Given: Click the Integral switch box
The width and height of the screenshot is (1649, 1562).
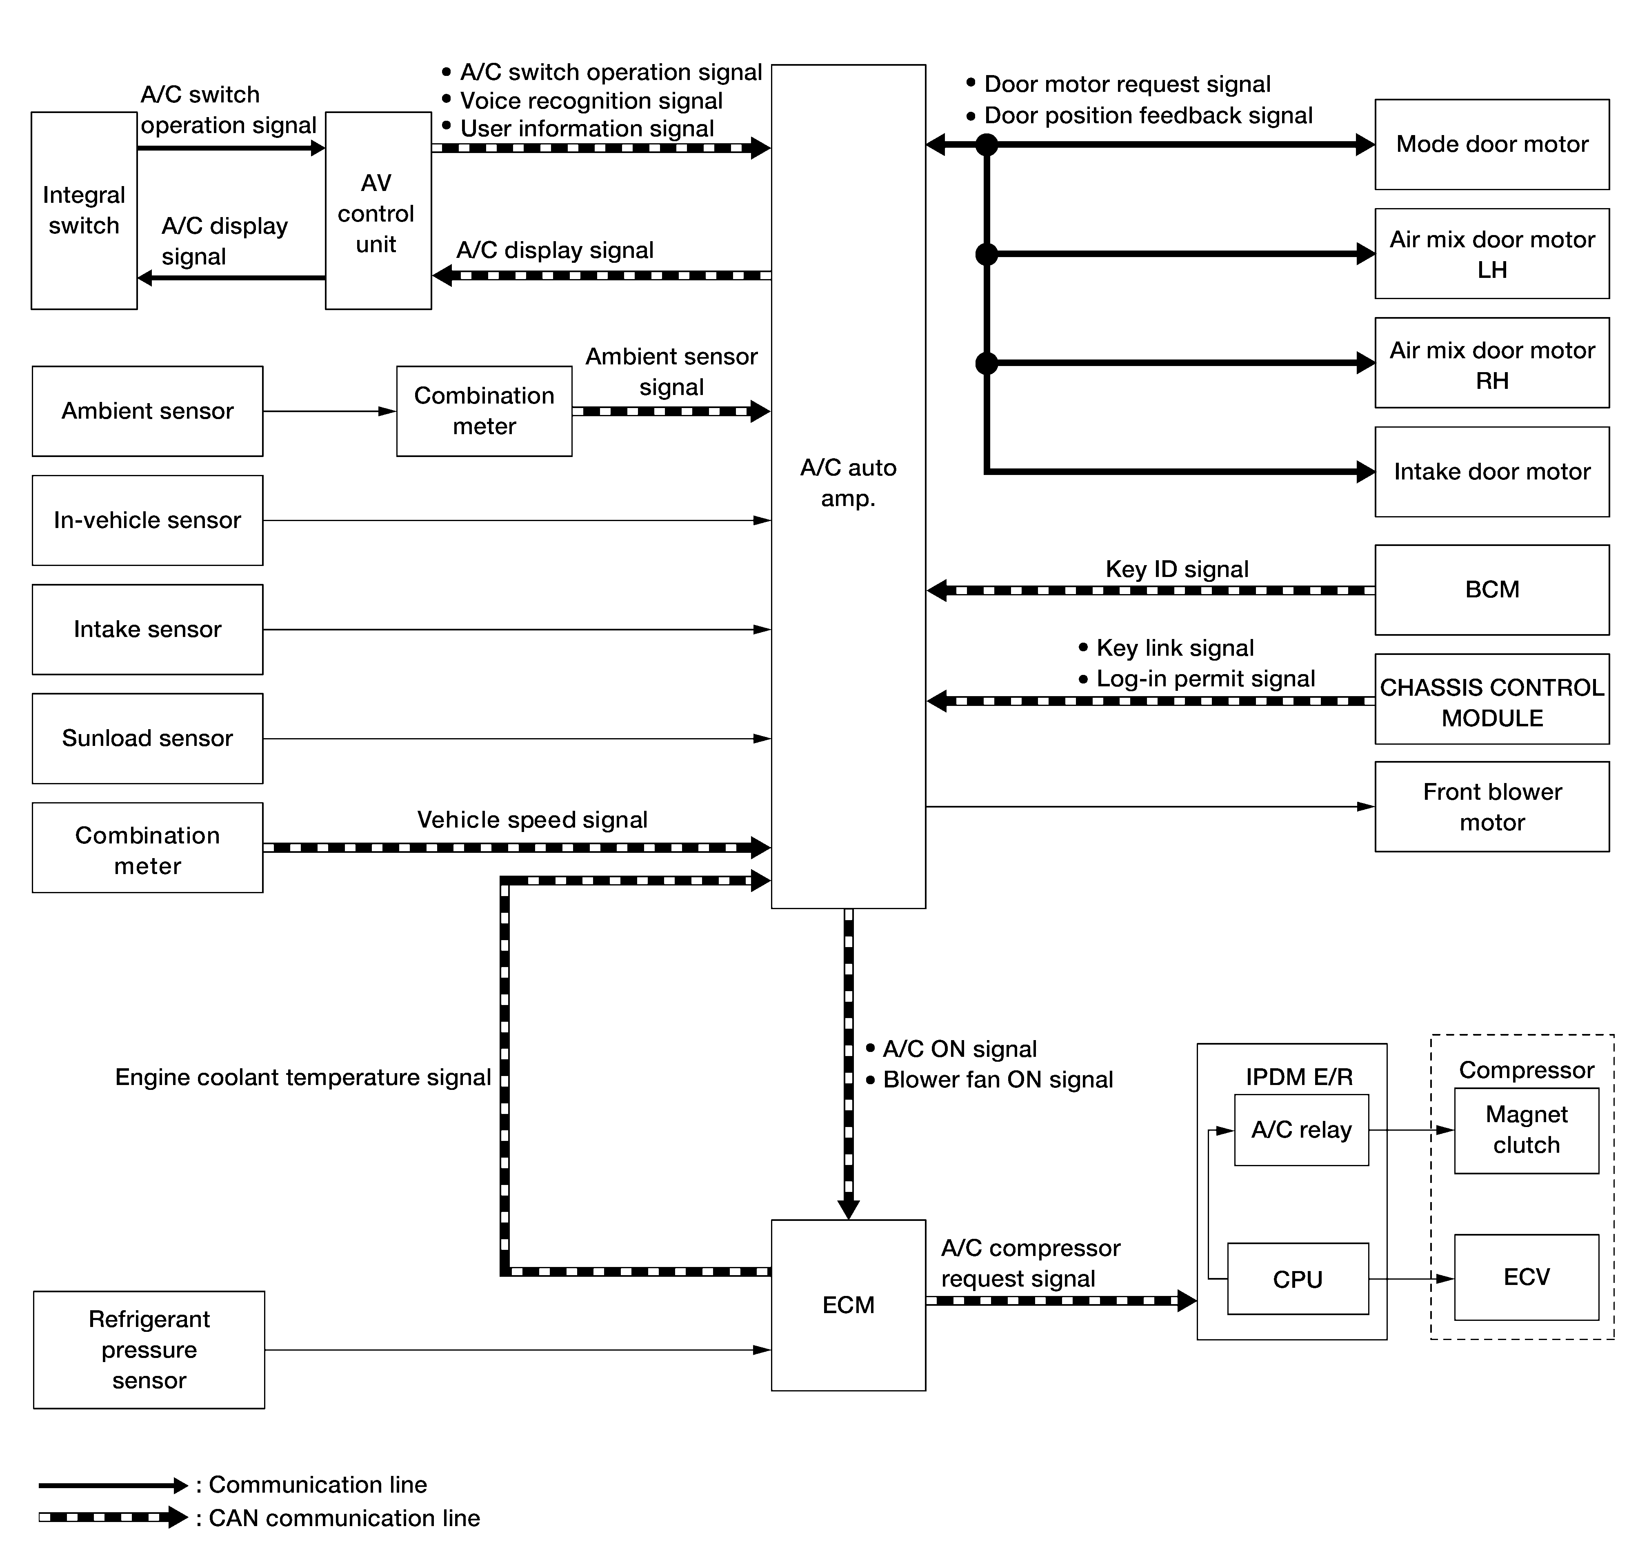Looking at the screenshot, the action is (84, 211).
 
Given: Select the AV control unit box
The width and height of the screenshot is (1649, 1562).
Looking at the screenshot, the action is (378, 211).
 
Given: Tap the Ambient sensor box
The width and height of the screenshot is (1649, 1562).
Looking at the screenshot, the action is (147, 411).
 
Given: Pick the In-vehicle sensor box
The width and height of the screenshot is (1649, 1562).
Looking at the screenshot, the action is (147, 520).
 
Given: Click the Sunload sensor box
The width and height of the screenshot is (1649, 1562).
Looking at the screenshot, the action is (147, 739).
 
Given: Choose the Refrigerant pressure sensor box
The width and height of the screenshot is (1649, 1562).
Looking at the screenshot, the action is (149, 1350).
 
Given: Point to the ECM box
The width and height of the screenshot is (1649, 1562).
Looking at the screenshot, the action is (849, 1305).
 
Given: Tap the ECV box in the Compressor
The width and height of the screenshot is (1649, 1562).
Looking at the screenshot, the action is (1527, 1277).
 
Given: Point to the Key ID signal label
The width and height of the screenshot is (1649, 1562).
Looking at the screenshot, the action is (1177, 570).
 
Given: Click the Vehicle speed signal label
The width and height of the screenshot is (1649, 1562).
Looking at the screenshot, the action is (532, 820).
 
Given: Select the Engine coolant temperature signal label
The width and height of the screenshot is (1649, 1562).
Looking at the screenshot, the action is (303, 1077).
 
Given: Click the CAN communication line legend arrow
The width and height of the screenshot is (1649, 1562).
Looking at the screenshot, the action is (113, 1517).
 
